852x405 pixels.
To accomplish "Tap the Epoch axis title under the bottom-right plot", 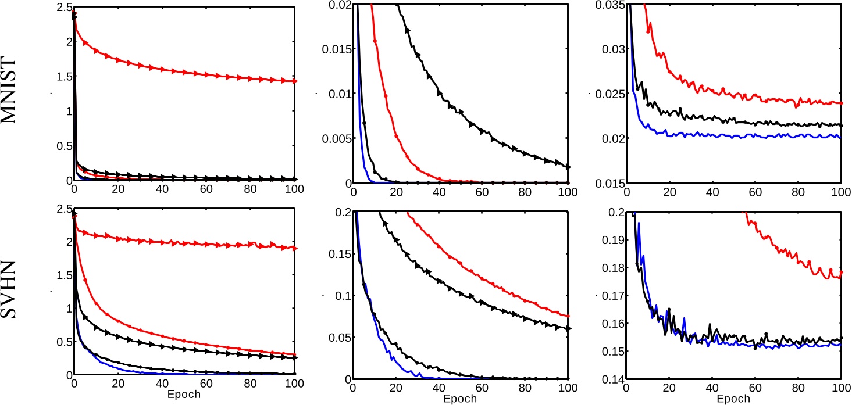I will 733,400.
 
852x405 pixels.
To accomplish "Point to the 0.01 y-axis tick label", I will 336,94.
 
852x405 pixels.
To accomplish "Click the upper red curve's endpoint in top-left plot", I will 294,81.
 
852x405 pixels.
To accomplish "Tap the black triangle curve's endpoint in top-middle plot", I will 568,167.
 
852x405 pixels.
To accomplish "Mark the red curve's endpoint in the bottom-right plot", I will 841,272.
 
